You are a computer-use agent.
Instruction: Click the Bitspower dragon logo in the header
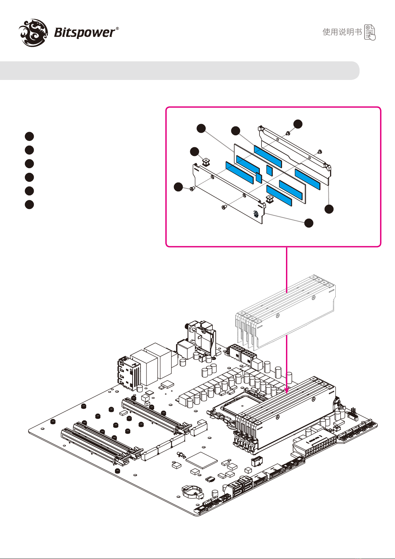(33, 32)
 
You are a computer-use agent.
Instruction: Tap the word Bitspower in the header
(84, 33)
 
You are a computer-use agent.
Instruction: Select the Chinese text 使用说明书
(342, 32)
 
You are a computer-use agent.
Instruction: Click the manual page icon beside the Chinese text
(370, 32)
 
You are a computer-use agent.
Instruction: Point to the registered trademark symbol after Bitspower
(117, 29)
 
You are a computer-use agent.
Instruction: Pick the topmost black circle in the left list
(29, 136)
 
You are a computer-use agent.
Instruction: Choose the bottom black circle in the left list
(29, 204)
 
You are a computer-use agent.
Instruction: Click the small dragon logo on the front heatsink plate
(256, 214)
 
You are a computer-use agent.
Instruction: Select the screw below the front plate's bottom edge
(224, 207)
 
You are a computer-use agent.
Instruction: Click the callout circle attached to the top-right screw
(298, 124)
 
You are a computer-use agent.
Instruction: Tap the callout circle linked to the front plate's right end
(309, 223)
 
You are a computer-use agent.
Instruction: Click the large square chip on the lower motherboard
(201, 460)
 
